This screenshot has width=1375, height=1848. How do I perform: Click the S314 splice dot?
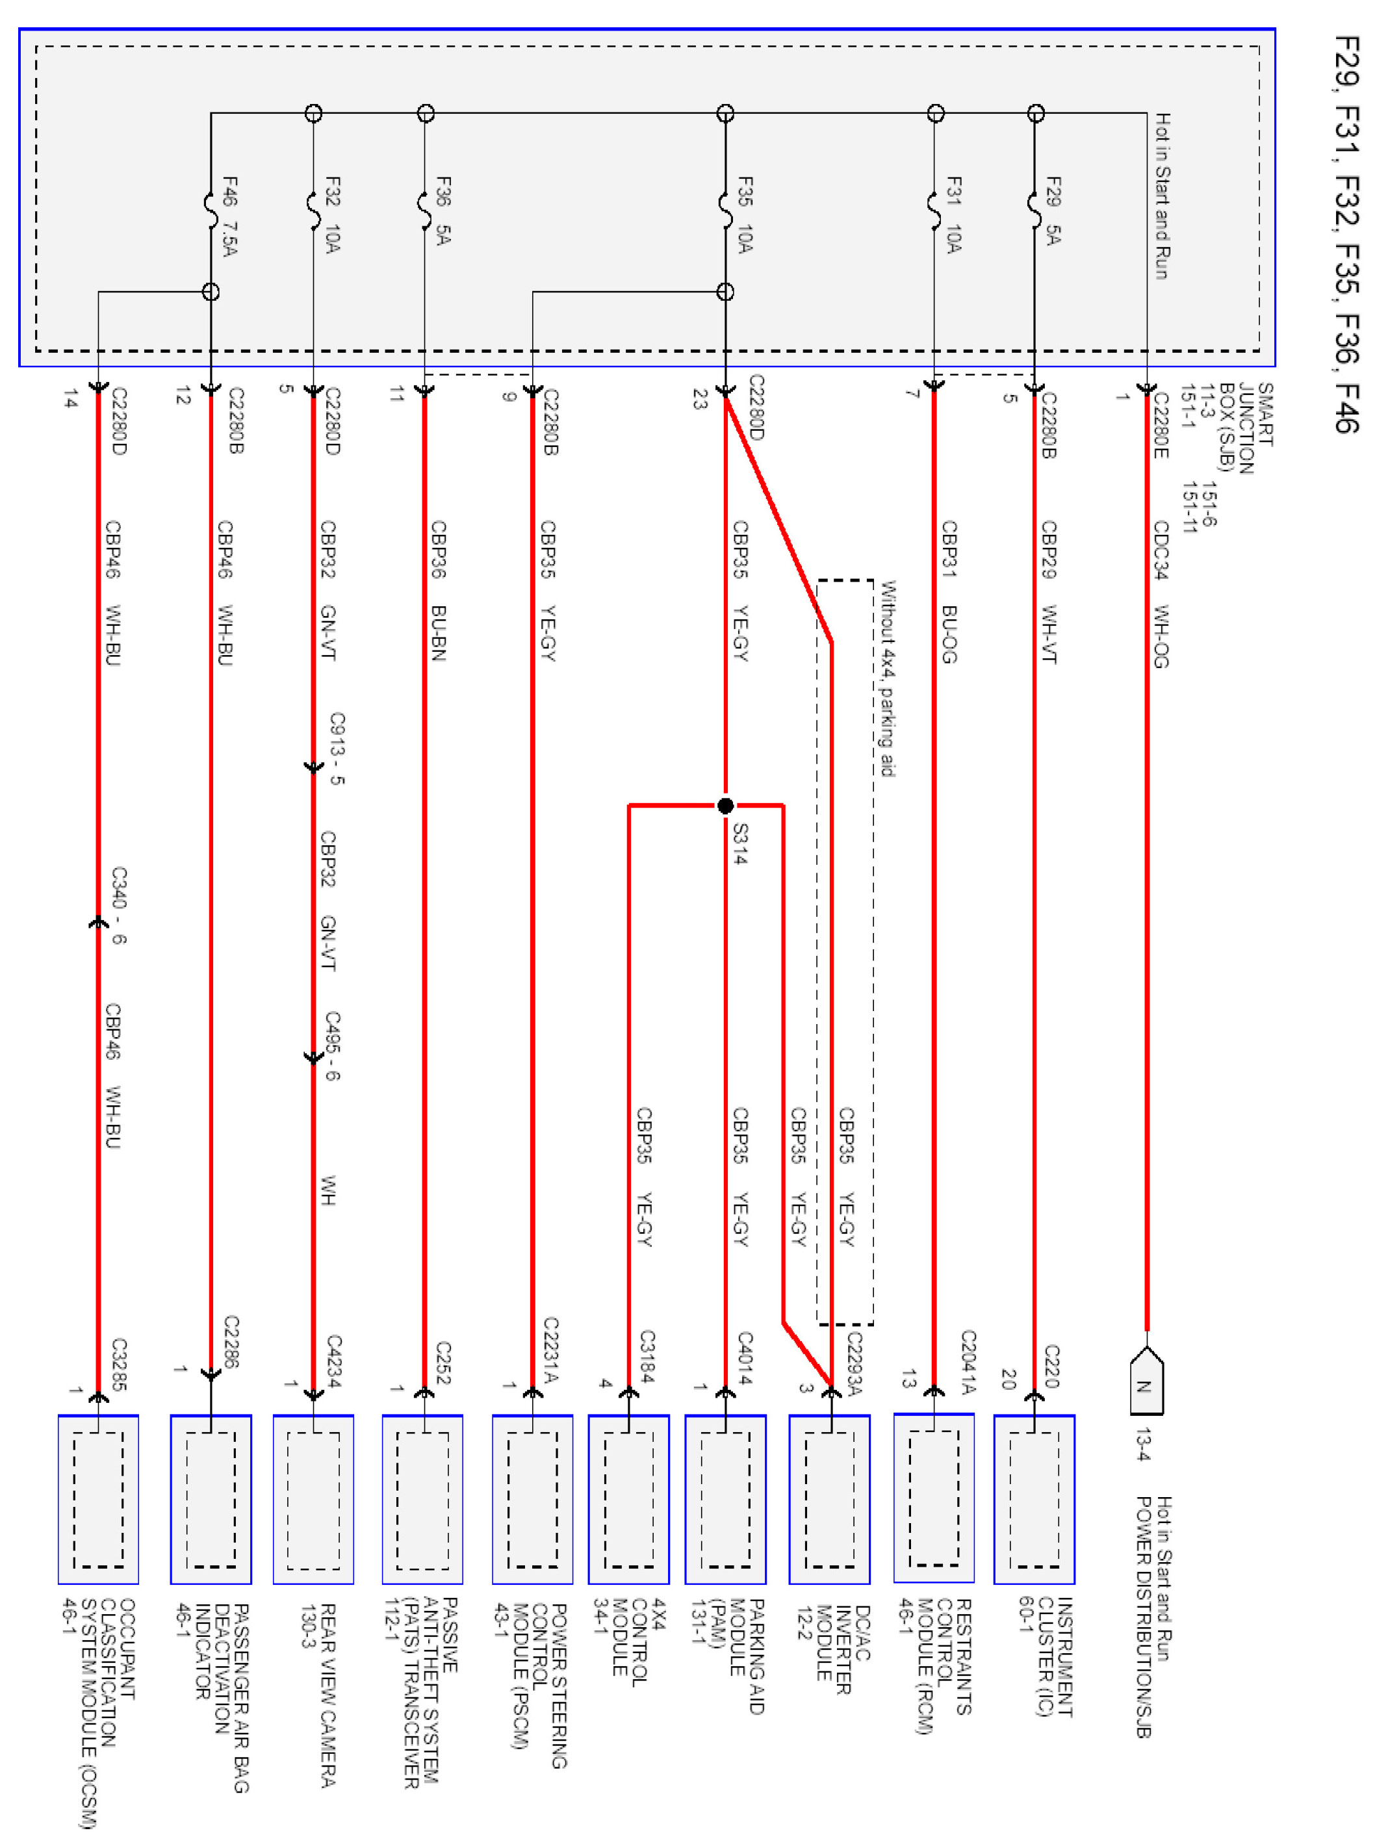coord(725,806)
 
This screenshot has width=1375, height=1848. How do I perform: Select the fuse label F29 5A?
coord(1053,211)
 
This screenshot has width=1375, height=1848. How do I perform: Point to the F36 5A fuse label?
coord(443,211)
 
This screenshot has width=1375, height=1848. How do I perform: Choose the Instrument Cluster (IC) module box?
coord(1034,1498)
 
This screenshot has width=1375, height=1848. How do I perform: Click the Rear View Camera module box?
coord(313,1498)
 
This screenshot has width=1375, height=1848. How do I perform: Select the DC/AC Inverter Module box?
coord(829,1498)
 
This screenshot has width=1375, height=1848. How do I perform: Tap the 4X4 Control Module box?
coord(628,1498)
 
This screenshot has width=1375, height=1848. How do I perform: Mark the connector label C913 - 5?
coord(336,748)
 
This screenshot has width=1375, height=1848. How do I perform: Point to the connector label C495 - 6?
coord(333,1046)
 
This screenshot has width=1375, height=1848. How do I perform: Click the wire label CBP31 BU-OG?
coord(949,591)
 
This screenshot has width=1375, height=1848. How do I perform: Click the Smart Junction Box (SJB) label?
coord(1245,428)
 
